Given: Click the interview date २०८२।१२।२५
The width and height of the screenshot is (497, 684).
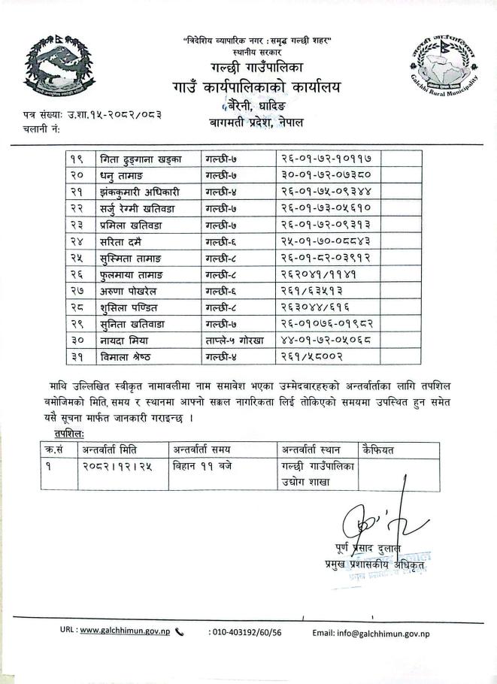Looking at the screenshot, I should click(111, 466).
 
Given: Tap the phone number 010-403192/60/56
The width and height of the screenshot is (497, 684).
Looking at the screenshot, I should click(245, 633).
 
